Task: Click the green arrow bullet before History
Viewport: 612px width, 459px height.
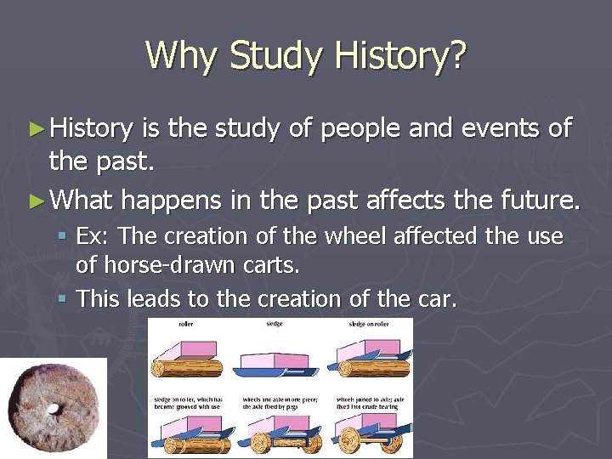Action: pos(36,129)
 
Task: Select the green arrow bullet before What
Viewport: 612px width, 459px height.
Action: pos(36,201)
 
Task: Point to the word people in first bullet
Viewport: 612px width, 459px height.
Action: pos(360,129)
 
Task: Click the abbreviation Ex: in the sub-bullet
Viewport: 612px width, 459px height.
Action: pos(93,236)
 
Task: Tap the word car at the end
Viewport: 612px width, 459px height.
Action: pos(437,298)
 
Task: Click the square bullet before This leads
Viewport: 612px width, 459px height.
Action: pos(65,298)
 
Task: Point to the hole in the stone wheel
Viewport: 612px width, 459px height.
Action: pos(54,408)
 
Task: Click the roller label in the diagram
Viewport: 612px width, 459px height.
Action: pos(184,324)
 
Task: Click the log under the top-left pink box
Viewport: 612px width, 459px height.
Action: pos(187,368)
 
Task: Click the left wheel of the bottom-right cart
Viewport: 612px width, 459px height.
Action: pos(351,444)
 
